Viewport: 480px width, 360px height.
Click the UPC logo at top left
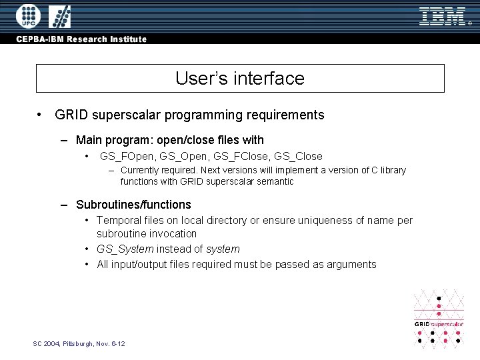click(28, 15)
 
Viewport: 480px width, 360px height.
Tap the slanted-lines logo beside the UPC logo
click(60, 15)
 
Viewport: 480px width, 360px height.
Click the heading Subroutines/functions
click(133, 205)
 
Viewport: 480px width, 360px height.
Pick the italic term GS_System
click(125, 249)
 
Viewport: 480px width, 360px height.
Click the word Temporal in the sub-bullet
click(118, 220)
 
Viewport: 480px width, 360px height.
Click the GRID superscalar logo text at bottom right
click(439, 324)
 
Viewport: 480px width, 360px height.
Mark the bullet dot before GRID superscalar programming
click(41, 115)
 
